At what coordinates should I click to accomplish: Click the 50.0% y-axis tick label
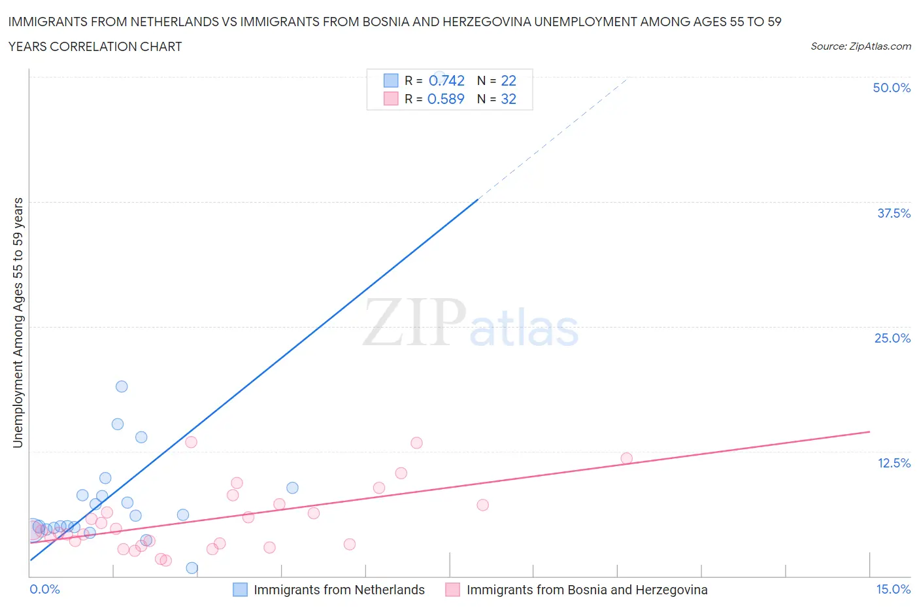[892, 88]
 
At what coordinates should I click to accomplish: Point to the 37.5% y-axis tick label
[894, 213]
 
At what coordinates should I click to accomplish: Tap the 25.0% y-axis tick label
[892, 338]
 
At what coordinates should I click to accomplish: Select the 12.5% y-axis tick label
[894, 463]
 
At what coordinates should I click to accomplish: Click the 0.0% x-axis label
[44, 589]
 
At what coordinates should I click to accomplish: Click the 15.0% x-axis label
[893, 589]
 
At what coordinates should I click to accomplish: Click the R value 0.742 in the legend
[446, 80]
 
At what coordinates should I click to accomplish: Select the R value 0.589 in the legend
[446, 99]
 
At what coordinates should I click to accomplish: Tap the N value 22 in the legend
[509, 80]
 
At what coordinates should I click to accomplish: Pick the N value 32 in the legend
[509, 99]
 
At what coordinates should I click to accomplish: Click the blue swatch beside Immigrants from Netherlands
[241, 590]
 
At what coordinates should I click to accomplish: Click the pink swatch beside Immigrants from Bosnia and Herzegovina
[452, 590]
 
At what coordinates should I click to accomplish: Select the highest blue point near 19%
[122, 386]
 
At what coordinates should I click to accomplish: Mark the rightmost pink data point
[626, 458]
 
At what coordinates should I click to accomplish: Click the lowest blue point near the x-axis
[192, 567]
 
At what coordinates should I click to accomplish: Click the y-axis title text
[18, 322]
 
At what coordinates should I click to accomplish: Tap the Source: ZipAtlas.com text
[860, 46]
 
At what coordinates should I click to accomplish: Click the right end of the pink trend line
[869, 431]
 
